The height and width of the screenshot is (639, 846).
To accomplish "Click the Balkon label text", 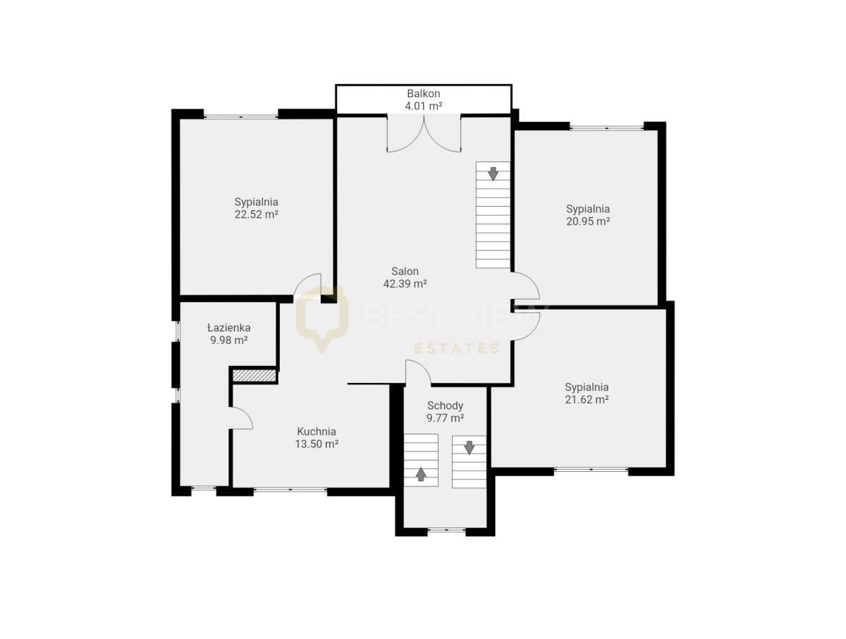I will point(423,93).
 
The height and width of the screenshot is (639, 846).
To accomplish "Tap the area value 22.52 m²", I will point(256,214).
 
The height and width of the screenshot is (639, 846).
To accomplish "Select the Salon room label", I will point(405,271).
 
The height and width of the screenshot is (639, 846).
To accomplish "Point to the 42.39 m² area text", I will point(405,284).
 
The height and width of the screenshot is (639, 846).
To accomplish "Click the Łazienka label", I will point(228,327).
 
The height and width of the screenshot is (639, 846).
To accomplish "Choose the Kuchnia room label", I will point(317,432).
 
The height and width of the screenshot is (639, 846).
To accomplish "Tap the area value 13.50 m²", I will point(317,444).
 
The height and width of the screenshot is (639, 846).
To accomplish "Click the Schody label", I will point(445,406).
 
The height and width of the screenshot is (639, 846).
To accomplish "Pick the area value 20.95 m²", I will point(587,221).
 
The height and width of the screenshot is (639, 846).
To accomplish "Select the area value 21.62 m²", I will point(587,399).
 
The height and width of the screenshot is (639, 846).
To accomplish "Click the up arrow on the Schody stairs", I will point(421,474).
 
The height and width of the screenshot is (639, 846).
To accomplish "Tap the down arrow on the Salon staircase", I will point(493,173).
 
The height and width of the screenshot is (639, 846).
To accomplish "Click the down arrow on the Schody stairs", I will point(470,447).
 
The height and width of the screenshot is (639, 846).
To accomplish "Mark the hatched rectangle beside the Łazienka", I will point(255,376).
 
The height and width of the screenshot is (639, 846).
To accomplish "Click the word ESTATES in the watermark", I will point(456,348).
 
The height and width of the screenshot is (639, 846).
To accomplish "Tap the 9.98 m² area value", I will point(228,340).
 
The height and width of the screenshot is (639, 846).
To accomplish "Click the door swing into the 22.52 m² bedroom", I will point(308,286).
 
